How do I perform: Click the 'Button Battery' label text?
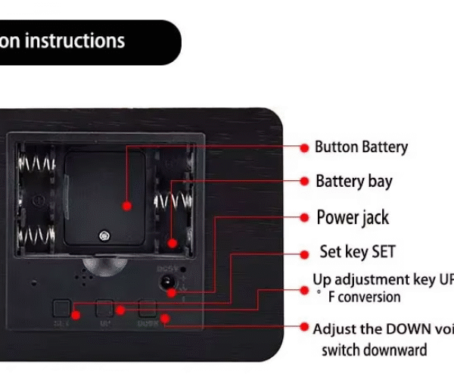[361, 147]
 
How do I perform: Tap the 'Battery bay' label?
[353, 182]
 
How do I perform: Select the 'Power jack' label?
[352, 217]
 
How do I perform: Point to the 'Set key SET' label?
[357, 252]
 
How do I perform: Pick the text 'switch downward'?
[374, 350]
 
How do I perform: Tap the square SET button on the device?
[61, 308]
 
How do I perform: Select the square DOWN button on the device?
[148, 309]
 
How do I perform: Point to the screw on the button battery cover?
[101, 234]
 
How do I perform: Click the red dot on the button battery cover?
[127, 205]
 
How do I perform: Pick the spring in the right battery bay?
[171, 201]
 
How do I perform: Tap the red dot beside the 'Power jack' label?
[304, 217]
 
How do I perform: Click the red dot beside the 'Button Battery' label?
[304, 147]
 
